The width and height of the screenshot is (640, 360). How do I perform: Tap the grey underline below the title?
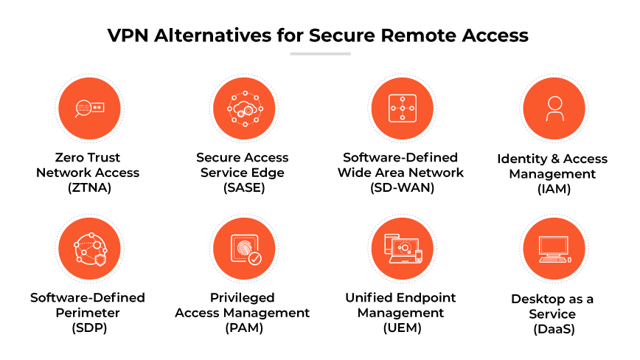click(320, 54)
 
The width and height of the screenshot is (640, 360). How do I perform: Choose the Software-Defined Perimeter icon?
click(88, 249)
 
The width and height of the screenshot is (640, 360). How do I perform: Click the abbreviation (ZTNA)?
click(88, 187)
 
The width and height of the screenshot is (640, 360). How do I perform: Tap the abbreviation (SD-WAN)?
click(400, 187)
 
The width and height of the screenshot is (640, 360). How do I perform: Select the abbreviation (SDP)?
click(88, 328)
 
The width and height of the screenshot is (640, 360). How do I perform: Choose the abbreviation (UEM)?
click(400, 328)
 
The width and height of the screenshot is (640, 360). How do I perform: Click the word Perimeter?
click(88, 313)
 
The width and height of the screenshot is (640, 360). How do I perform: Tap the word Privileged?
click(242, 297)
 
